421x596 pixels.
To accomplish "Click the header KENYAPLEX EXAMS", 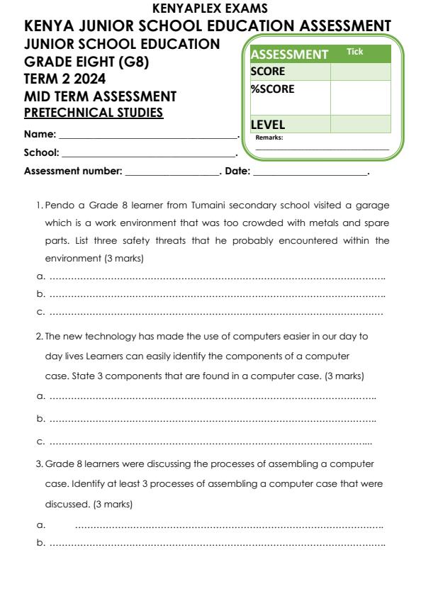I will coord(211,9).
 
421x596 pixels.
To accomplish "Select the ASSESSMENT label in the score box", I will coord(289,55).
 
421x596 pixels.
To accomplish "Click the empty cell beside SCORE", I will coord(360,72).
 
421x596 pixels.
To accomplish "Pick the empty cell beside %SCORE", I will coord(360,97).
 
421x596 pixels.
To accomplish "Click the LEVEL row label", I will coord(268,125).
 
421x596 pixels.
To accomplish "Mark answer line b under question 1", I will coord(216,294).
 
